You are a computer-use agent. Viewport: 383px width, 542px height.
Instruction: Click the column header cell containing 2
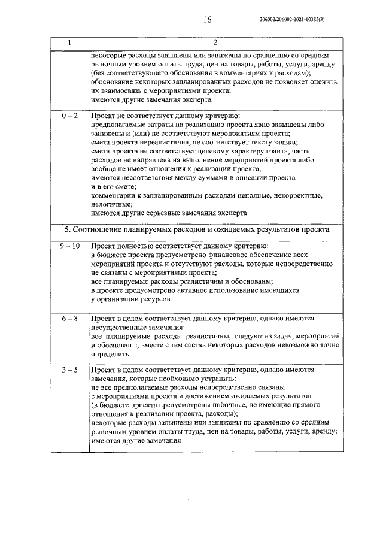click(215, 43)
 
